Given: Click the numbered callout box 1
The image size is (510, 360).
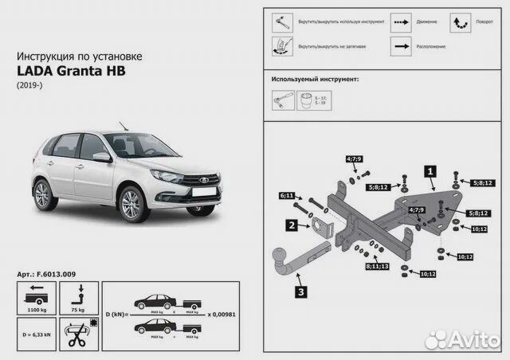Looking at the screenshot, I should [430, 170].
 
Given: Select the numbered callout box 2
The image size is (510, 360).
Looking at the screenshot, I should [293, 226].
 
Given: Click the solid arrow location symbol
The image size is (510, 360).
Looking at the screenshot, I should [401, 47].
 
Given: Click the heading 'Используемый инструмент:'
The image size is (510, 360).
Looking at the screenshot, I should [315, 80].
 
